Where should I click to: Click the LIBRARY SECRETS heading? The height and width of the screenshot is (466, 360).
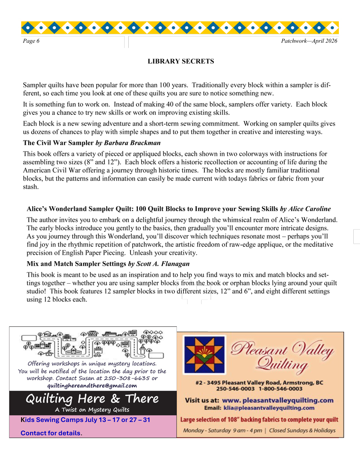[181, 61]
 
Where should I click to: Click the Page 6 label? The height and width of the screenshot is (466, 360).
[31, 41]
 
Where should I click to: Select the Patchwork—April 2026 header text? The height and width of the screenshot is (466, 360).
[309, 41]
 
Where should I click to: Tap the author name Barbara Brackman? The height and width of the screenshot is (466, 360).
[135, 143]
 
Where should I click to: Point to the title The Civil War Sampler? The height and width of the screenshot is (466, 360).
[58, 143]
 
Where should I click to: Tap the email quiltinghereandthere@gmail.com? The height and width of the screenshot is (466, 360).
[92, 385]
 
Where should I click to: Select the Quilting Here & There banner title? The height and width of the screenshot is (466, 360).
[92, 398]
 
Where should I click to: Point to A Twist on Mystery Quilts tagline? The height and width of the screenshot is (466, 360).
[92, 410]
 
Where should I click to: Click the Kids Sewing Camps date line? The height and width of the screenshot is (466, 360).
[85, 420]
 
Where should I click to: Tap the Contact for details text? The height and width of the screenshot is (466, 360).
[51, 433]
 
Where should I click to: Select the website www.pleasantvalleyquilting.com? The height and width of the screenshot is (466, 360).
[278, 400]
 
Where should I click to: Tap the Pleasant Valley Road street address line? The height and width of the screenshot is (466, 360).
[260, 382]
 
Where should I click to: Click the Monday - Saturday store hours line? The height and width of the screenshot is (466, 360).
[259, 430]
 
